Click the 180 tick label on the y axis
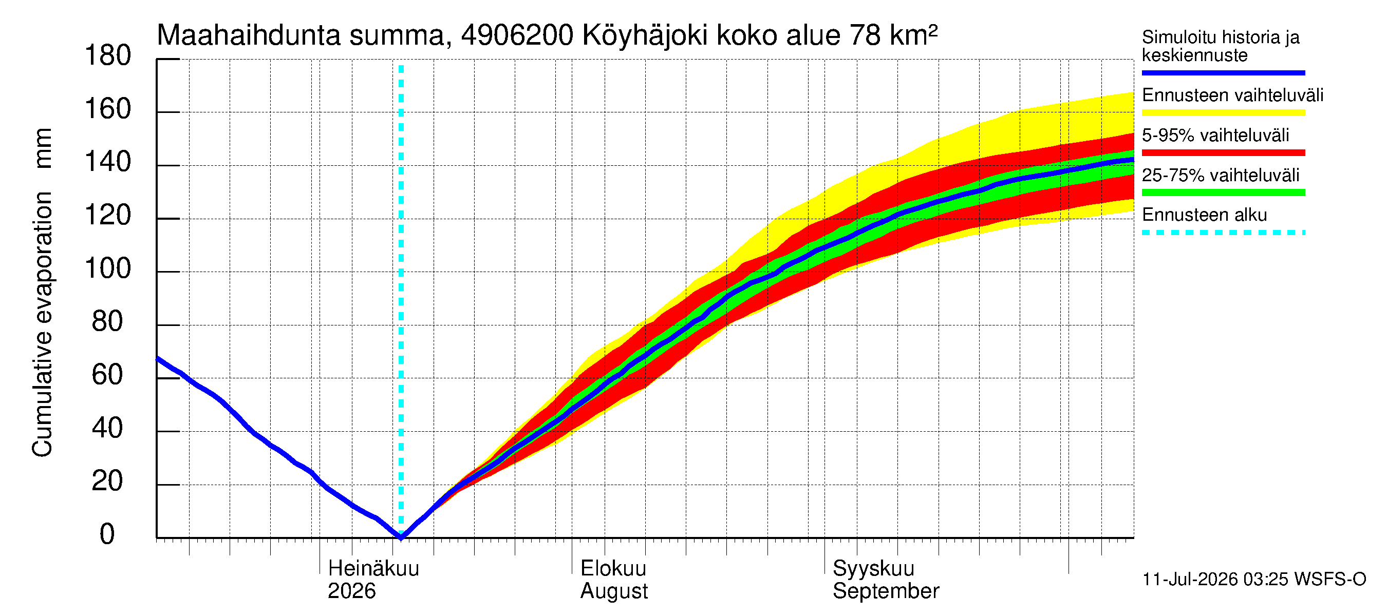pos(108,56)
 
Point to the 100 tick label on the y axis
pos(108,268)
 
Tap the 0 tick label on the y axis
pos(107,534)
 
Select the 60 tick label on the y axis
pos(107,375)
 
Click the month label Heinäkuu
pos(373,568)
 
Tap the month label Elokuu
pos(613,568)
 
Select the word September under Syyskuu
pos(886,591)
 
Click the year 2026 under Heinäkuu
pos(351,591)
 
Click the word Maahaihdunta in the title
pos(248,35)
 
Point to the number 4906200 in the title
pos(517,35)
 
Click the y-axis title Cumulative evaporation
pos(42,324)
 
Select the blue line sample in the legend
pos(1223,72)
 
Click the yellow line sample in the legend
pos(1223,113)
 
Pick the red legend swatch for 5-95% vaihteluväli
pos(1223,153)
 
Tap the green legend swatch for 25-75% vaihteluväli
pos(1223,192)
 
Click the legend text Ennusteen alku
pos(1204,215)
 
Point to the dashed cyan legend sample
pos(1223,233)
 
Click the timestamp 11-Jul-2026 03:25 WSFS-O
pos(1254,580)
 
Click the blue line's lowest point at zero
pos(401,536)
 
